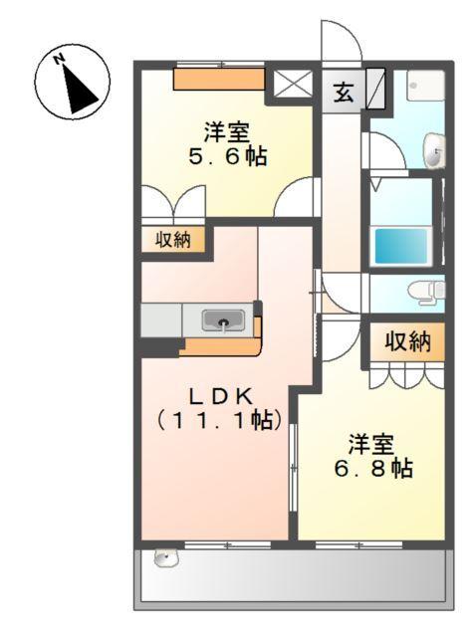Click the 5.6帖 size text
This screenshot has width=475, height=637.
click(228, 156)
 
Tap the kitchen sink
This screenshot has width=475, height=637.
click(223, 320)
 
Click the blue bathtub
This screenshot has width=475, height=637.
click(401, 246)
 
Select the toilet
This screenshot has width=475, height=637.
click(426, 291)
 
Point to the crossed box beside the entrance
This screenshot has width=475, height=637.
click(294, 86)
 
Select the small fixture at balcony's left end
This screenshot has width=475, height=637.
click(164, 558)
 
